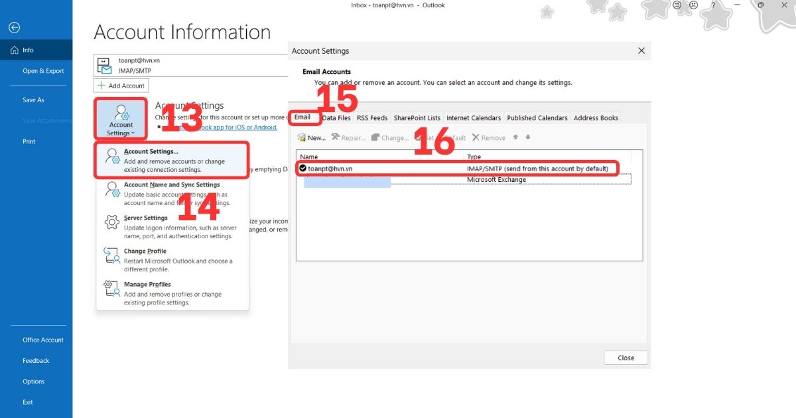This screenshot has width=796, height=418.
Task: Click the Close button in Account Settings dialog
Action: (626, 358)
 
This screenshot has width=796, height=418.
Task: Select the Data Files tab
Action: (336, 118)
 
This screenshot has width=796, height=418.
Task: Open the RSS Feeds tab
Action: (372, 118)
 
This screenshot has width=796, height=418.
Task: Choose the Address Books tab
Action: (596, 118)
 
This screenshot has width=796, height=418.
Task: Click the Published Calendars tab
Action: (537, 118)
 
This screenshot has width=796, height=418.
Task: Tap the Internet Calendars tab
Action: (474, 118)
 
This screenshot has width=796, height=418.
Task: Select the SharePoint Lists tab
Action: (417, 118)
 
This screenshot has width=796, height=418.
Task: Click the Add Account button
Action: (121, 86)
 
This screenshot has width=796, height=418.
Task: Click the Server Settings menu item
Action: (146, 218)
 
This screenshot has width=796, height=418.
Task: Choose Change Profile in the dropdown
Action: (145, 251)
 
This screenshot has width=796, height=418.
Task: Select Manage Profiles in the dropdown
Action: (147, 285)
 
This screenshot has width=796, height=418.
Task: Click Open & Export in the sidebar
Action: (43, 71)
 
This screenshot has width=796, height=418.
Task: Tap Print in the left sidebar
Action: (29, 141)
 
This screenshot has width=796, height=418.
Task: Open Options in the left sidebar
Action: (34, 382)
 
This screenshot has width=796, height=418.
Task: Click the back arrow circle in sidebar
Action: (14, 27)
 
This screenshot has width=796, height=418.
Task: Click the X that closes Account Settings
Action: (641, 50)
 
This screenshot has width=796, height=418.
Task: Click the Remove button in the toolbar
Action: (489, 138)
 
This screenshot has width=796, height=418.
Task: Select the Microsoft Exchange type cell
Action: (496, 180)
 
